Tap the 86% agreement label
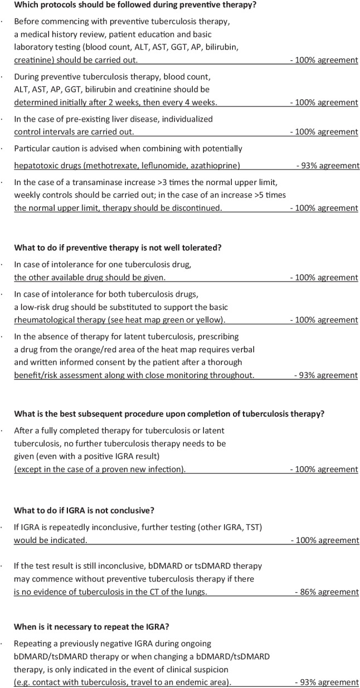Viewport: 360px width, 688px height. [x=327, y=592]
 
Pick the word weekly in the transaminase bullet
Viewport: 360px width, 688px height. [x=27, y=195]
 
